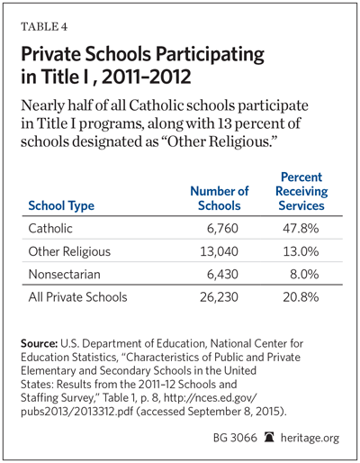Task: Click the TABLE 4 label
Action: (44, 27)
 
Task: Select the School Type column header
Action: (61, 206)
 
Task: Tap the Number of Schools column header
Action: (220, 198)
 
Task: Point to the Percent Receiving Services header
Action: (301, 191)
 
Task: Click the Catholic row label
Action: (50, 229)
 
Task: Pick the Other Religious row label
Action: (69, 251)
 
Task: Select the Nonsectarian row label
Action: (64, 274)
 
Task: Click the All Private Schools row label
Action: (77, 297)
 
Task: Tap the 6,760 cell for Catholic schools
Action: (222, 229)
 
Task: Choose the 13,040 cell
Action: (220, 251)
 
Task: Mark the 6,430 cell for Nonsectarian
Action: (222, 275)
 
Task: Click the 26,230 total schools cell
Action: (219, 297)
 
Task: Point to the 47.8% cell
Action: (301, 229)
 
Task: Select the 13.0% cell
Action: (301, 251)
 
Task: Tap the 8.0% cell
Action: (304, 275)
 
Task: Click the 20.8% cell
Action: (301, 297)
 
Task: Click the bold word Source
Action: (39, 343)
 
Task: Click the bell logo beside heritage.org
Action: (269, 437)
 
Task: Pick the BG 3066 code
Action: (235, 438)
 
